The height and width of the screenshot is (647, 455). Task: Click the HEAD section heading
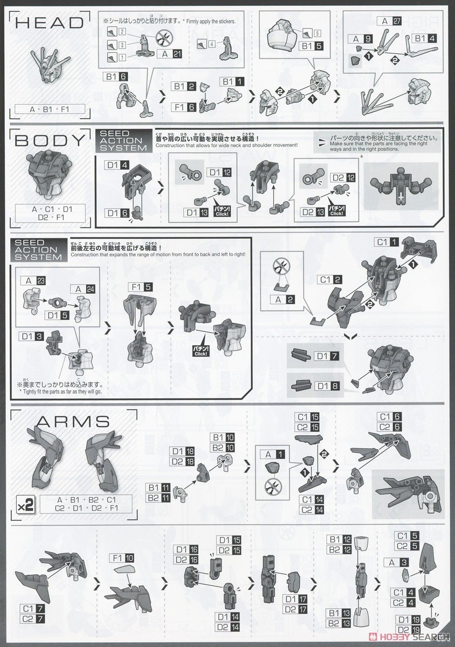47,22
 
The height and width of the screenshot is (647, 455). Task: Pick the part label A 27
392,21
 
